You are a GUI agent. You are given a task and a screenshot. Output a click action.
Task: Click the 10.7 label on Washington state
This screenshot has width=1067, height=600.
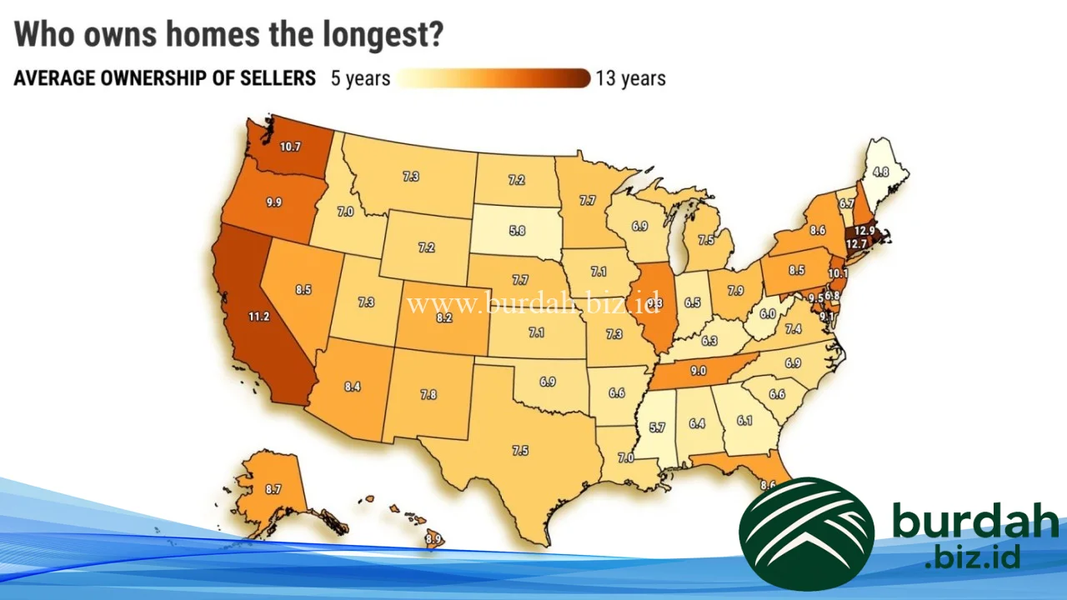[290, 147]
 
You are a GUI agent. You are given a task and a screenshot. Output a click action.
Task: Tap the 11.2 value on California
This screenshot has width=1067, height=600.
[258, 316]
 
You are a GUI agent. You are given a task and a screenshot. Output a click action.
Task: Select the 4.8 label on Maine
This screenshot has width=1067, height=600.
[881, 172]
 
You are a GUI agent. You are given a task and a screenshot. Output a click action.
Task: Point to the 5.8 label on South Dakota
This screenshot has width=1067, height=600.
[517, 229]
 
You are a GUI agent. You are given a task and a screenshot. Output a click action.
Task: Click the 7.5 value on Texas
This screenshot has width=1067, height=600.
[520, 451]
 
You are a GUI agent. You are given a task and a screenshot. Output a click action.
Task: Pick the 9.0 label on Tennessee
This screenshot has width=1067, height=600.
[699, 371]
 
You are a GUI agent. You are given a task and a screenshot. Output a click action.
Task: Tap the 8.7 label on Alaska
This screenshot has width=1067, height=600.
[273, 490]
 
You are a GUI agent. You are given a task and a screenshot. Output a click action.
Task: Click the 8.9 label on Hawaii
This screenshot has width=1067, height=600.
[433, 540]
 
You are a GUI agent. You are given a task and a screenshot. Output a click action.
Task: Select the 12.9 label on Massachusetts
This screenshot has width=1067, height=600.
[865, 230]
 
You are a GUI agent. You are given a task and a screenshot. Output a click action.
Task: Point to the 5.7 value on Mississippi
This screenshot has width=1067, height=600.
[657, 427]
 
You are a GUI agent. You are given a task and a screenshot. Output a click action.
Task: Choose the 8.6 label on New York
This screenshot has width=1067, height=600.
[817, 229]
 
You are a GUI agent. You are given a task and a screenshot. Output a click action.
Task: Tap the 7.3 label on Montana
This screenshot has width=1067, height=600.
[411, 177]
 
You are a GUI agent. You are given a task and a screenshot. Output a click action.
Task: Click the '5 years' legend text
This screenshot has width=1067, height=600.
[360, 78]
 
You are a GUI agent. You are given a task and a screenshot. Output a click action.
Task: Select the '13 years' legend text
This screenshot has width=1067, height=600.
[630, 78]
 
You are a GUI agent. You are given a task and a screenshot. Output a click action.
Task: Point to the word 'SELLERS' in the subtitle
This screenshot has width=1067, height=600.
[279, 78]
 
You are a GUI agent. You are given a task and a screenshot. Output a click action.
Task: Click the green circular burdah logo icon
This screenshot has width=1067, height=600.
[806, 533]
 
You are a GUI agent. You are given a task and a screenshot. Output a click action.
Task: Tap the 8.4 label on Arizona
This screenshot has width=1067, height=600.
[353, 386]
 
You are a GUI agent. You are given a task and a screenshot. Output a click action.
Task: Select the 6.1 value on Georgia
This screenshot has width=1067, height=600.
[744, 421]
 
